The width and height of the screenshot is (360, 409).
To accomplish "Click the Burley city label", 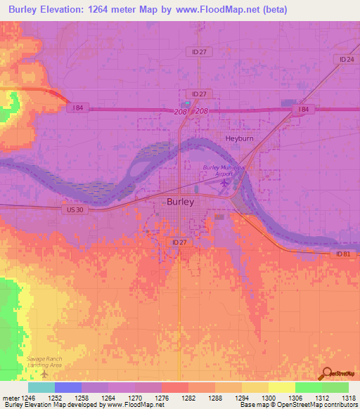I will tap(180, 201).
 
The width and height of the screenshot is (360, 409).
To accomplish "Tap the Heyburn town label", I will tap(239, 138).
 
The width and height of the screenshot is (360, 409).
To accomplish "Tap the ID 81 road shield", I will tap(342, 254).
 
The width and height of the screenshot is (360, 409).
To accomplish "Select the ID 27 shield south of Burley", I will tap(179, 242).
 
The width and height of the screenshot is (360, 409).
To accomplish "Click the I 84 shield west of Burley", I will tap(77, 108).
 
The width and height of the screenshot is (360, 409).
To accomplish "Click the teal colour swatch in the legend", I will tap(41, 387).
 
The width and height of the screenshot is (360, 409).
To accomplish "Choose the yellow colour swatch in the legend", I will tap(281, 387).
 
